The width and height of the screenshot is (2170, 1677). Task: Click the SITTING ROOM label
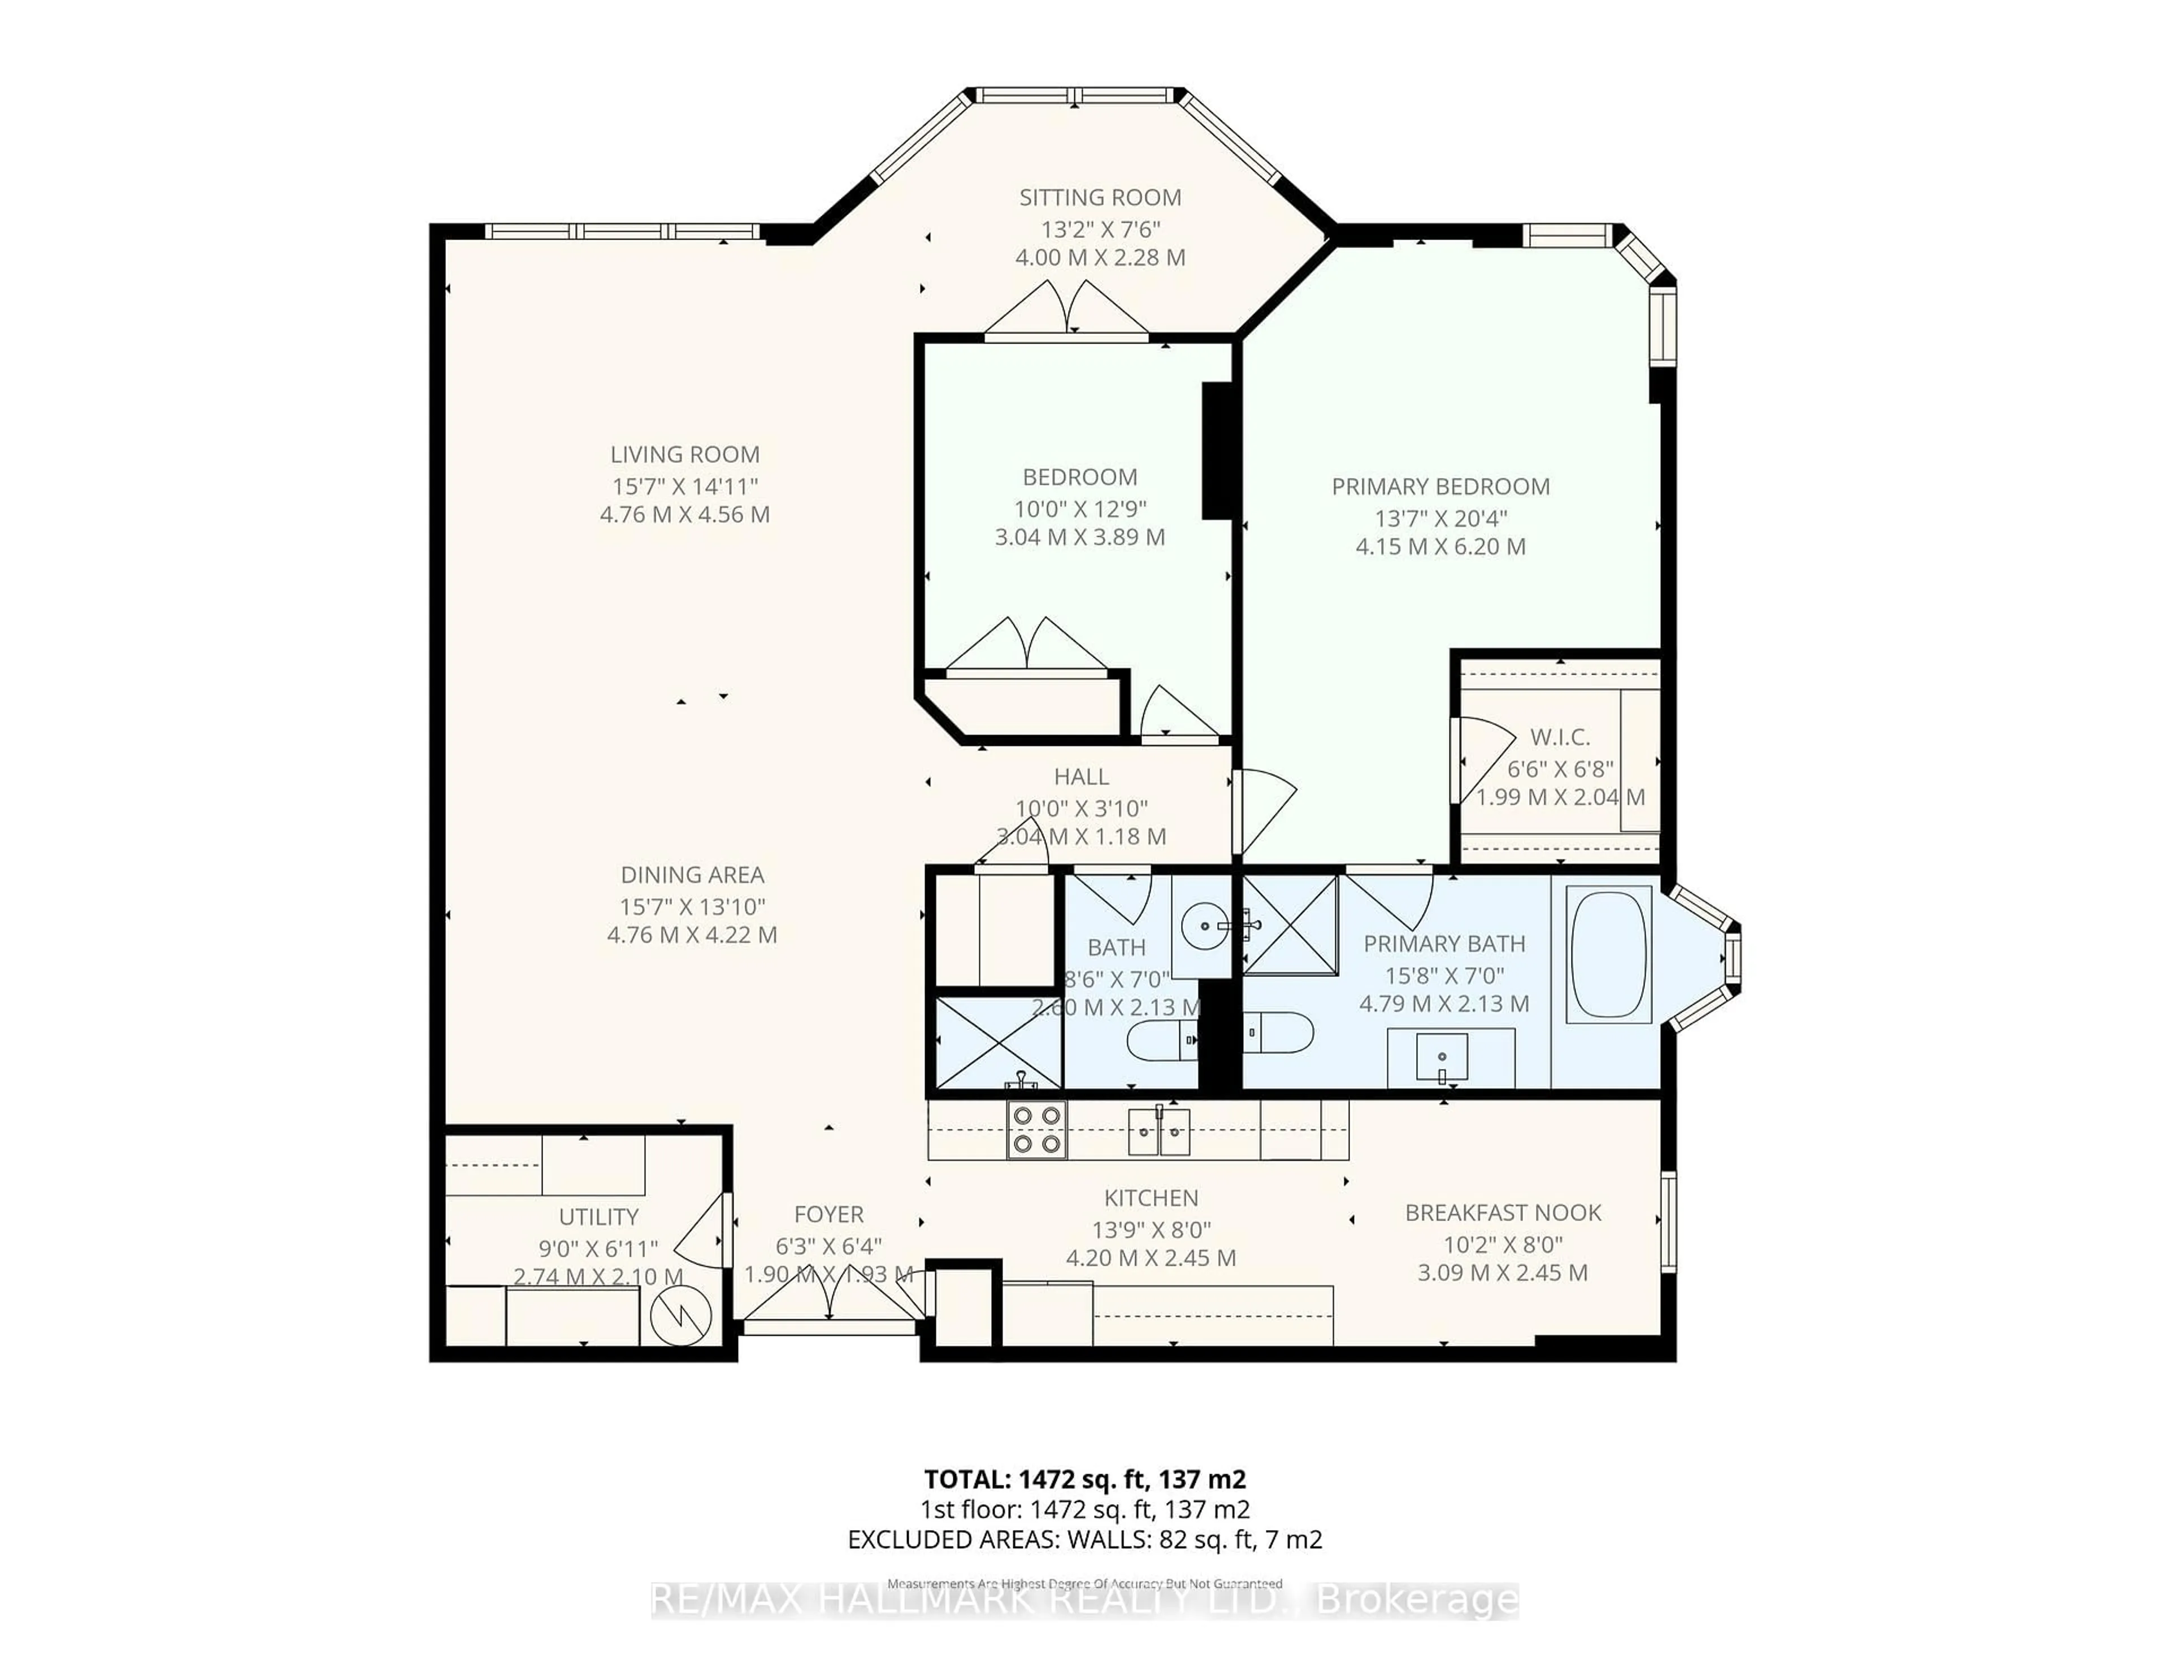pos(1100,198)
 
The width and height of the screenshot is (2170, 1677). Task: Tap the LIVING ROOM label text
pos(684,455)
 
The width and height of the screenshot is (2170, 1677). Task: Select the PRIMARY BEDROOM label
pos(1440,487)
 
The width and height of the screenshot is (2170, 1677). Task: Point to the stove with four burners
pos(1036,1129)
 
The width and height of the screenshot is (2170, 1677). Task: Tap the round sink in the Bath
pos(1205,926)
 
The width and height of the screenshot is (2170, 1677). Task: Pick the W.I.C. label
pos(1559,737)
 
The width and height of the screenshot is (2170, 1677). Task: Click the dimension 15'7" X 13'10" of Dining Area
pos(692,907)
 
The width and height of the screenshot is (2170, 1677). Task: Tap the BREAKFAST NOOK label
pos(1502,1213)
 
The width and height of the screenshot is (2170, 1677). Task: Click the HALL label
pos(1081,777)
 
